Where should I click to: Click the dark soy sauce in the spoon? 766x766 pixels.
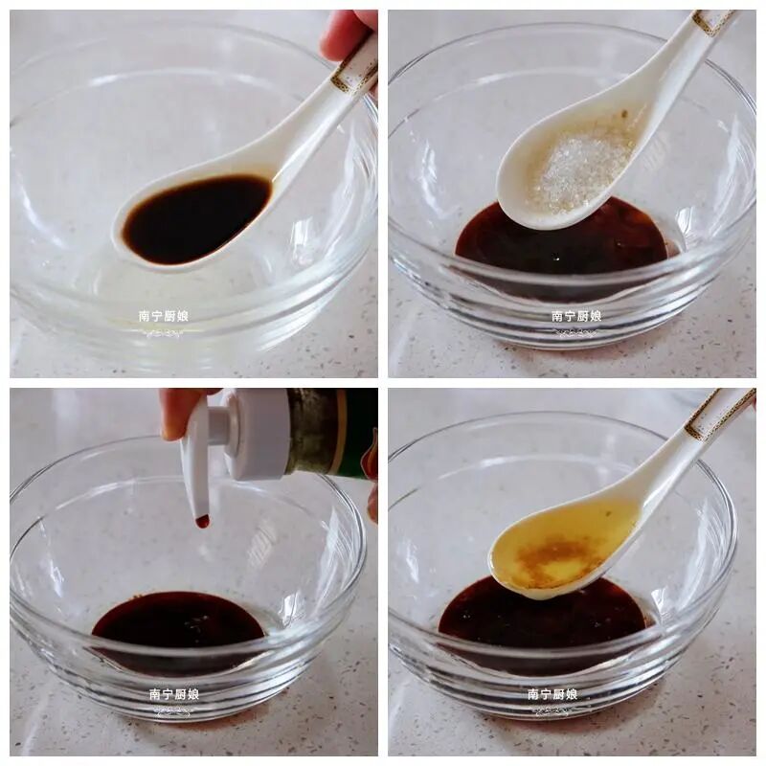(x=195, y=220)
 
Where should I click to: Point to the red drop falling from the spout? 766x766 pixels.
(x=202, y=522)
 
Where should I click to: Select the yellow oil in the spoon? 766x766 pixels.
(x=562, y=546)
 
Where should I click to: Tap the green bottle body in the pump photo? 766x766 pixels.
(x=332, y=433)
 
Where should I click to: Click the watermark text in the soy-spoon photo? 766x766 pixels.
(x=163, y=316)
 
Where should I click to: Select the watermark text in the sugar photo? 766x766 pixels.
(x=576, y=316)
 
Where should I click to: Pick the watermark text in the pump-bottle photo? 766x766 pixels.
(x=174, y=694)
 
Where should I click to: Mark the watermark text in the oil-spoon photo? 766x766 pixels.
(x=552, y=694)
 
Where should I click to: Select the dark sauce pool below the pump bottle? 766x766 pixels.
(x=177, y=620)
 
